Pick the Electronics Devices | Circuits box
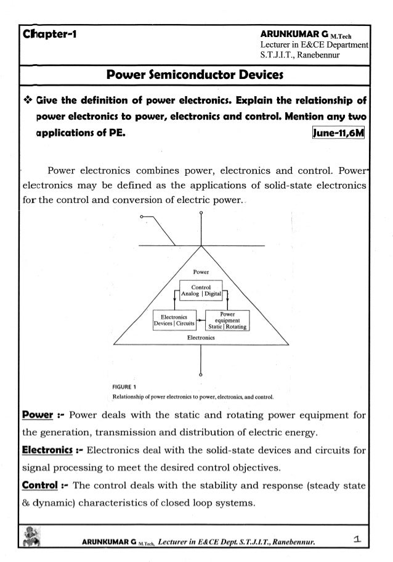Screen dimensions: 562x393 (x=174, y=318)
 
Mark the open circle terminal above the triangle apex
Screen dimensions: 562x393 (x=201, y=213)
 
